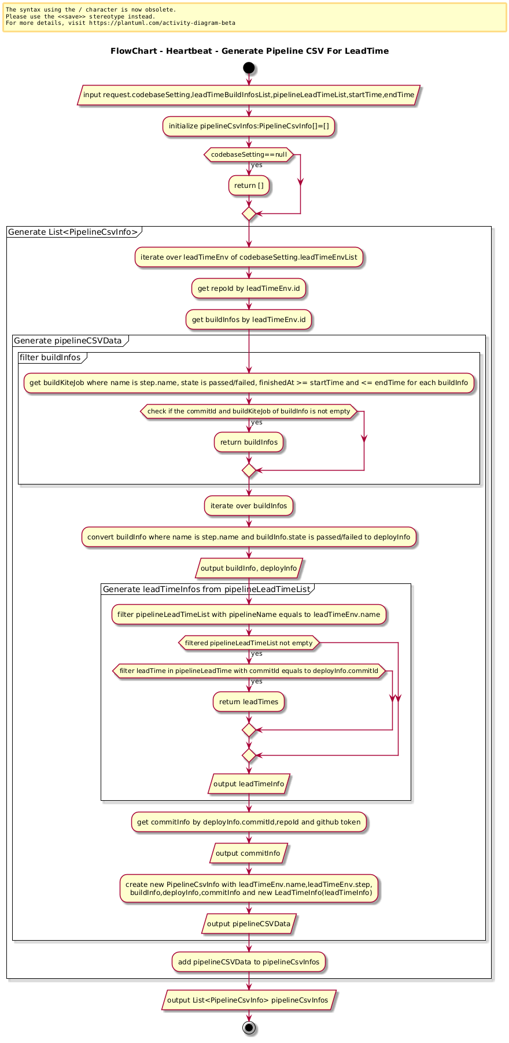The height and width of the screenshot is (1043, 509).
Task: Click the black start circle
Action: pos(249,68)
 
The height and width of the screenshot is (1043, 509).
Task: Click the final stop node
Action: pos(249,1027)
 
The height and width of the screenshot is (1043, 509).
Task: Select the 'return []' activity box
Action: pos(249,186)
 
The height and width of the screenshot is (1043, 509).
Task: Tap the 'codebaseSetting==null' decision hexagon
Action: pos(249,154)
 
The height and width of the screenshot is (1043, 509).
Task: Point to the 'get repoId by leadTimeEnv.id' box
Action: pos(249,289)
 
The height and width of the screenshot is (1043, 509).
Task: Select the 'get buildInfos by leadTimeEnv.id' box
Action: pos(249,320)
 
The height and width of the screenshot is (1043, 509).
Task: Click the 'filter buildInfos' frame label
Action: pos(50,357)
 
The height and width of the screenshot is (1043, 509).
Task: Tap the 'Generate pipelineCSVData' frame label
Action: pos(68,341)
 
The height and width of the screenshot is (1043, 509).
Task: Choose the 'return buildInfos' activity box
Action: pos(249,442)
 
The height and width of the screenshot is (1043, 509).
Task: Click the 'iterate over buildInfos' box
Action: pos(249,506)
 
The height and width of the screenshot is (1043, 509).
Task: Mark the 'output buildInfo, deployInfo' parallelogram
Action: pos(249,568)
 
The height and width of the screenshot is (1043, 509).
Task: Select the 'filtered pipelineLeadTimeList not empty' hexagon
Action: pos(249,643)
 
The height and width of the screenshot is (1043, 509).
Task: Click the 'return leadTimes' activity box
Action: pos(249,702)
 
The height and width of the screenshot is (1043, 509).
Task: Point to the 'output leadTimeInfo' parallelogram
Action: pos(249,784)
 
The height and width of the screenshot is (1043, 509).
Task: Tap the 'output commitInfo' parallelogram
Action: pos(249,853)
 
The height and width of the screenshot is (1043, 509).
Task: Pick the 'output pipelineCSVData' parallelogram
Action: pos(249,924)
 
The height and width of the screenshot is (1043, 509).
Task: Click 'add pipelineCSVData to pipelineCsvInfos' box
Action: pos(249,962)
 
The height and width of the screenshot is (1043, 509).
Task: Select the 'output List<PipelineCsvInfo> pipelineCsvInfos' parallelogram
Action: pos(249,1000)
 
